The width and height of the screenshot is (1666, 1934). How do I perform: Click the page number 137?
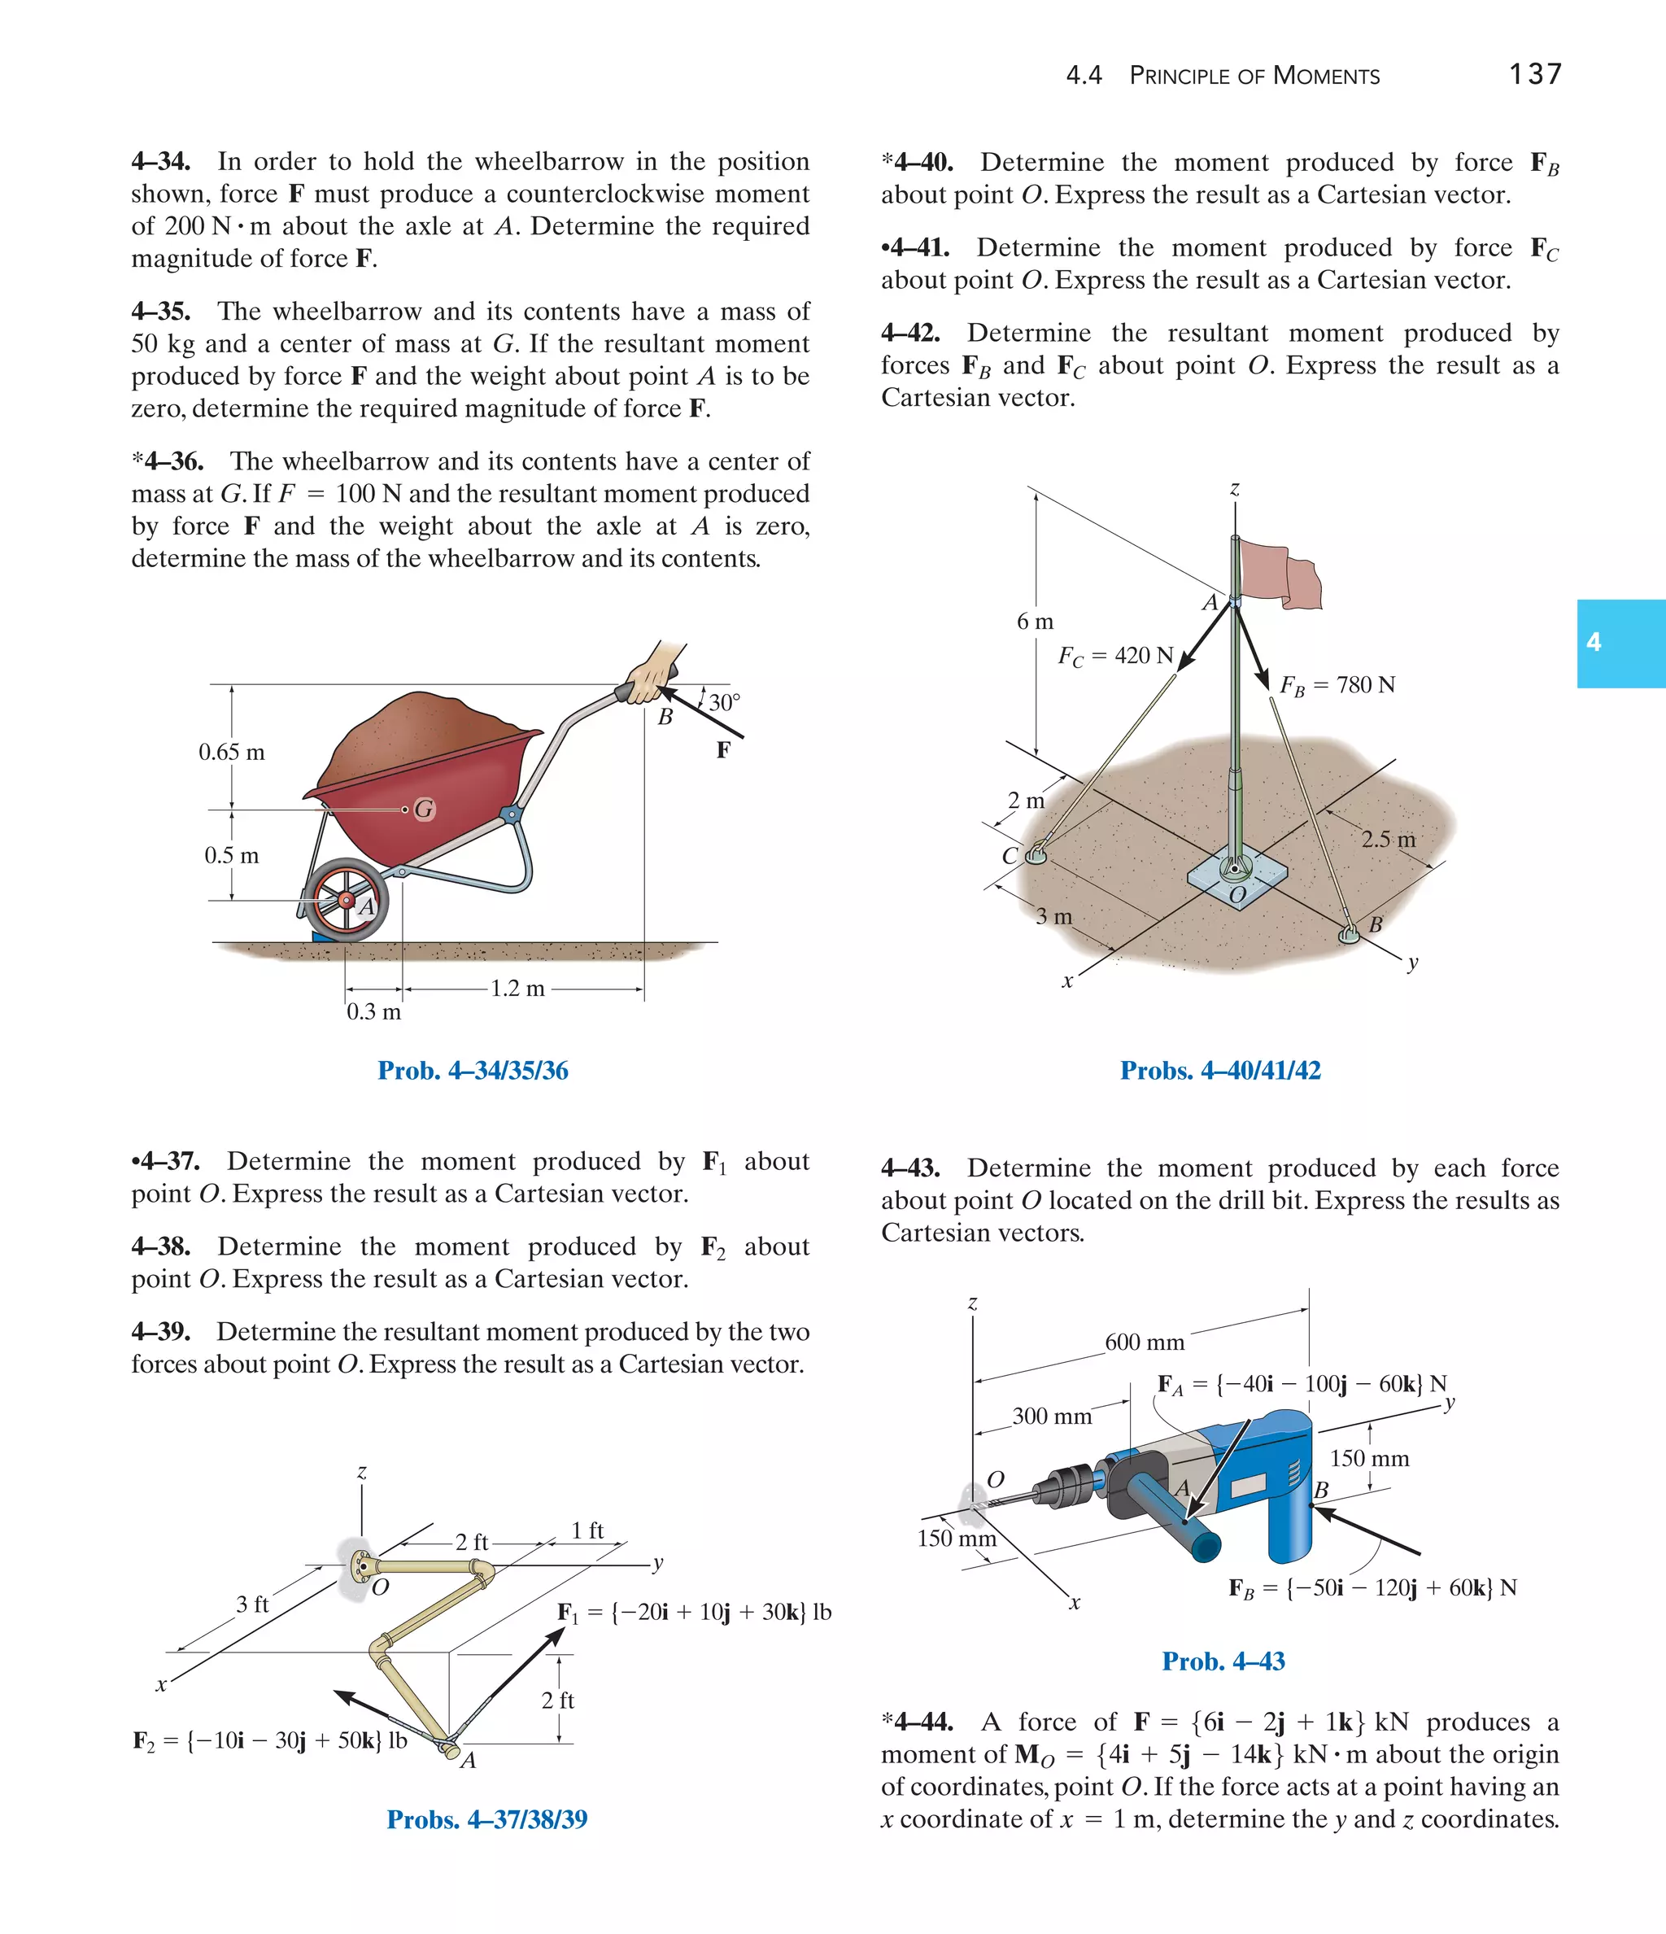click(x=1535, y=74)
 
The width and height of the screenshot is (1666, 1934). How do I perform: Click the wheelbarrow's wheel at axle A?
click(x=347, y=899)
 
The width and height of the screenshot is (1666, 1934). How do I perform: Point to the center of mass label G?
click(x=425, y=810)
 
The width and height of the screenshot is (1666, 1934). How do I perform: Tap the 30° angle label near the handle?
click(x=724, y=703)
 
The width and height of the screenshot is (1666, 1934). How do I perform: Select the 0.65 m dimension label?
click(x=232, y=753)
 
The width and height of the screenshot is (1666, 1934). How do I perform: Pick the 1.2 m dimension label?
click(x=518, y=989)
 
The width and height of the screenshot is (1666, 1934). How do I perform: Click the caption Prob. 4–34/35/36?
click(x=473, y=1071)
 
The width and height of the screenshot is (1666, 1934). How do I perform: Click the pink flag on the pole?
click(x=1279, y=571)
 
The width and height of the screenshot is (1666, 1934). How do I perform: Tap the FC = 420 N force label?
click(x=1115, y=656)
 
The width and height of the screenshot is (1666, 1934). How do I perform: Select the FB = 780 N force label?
click(x=1337, y=686)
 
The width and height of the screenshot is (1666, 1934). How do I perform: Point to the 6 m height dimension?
click(x=1035, y=622)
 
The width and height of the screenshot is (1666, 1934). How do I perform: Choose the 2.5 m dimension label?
click(x=1388, y=839)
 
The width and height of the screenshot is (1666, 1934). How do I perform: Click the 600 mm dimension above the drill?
click(x=1145, y=1343)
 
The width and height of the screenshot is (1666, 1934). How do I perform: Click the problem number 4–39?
click(x=160, y=1331)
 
